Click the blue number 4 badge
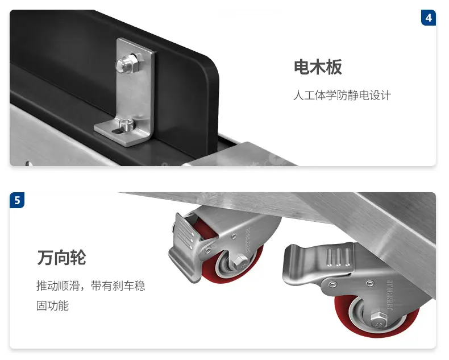(x=429, y=18)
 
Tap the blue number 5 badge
(x=17, y=200)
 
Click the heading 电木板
(x=318, y=67)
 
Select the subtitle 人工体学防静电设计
(x=342, y=95)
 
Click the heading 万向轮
(x=61, y=258)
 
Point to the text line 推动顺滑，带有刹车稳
(x=91, y=285)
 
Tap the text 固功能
(x=52, y=305)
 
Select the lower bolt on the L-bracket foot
(x=127, y=125)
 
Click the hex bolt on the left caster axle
(x=238, y=261)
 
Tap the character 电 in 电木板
(x=302, y=67)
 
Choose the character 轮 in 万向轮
(x=78, y=258)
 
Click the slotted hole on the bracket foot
(x=118, y=131)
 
